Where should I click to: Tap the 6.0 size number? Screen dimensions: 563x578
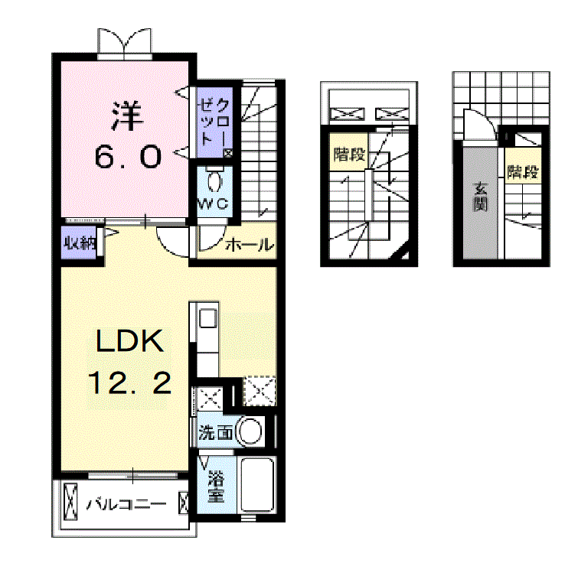[128, 157]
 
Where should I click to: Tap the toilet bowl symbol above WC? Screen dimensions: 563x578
[216, 181]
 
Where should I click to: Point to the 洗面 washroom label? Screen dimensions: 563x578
[215, 433]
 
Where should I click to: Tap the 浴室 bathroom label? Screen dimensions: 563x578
[216, 489]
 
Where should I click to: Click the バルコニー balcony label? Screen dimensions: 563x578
[126, 505]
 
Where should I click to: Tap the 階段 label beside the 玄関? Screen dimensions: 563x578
[522, 173]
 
